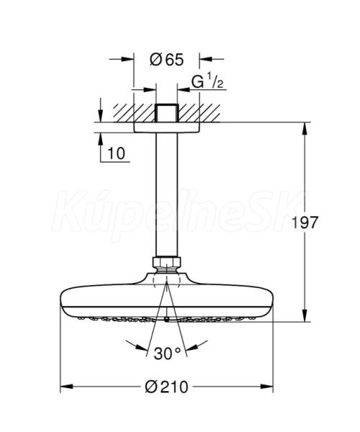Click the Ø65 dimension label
pyautogui.click(x=166, y=59)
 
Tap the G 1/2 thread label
pyautogui.click(x=207, y=81)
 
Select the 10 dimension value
pyautogui.click(x=116, y=153)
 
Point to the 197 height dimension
pyautogui.click(x=305, y=222)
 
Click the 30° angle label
pyautogui.click(x=167, y=354)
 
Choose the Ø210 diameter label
pyautogui.click(x=166, y=387)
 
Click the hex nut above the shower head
pyautogui.click(x=166, y=262)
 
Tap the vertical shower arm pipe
pyautogui.click(x=166, y=194)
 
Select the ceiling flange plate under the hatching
pyautogui.click(x=166, y=127)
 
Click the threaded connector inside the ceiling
pyautogui.click(x=166, y=113)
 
